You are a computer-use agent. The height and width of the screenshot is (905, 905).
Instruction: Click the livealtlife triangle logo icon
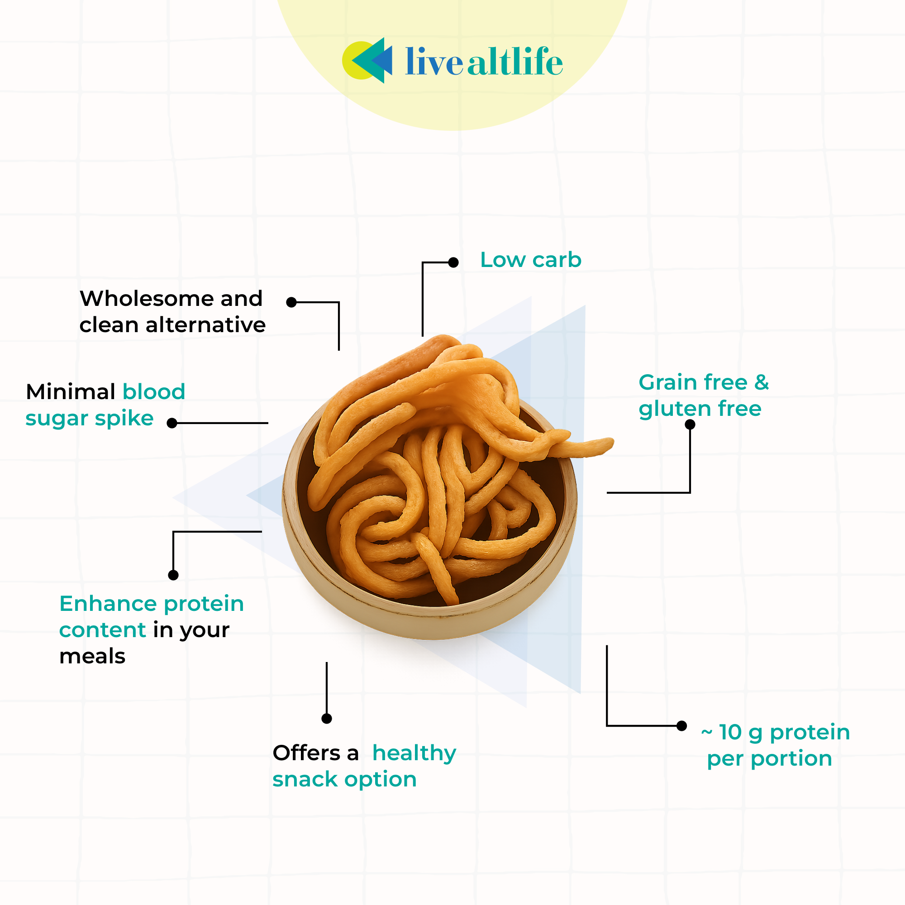tap(368, 61)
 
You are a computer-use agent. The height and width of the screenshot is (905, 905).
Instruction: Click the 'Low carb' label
tap(531, 260)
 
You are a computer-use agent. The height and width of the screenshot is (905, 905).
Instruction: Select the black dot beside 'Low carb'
tap(453, 262)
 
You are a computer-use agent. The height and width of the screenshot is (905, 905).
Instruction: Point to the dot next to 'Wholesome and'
tap(291, 302)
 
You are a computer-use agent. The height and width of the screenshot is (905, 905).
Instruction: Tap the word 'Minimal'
tap(71, 391)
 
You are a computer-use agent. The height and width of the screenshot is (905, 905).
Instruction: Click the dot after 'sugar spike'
tap(172, 423)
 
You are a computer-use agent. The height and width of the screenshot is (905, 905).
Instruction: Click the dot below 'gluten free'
tap(690, 424)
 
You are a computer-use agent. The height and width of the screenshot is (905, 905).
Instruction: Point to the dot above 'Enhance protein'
tap(173, 575)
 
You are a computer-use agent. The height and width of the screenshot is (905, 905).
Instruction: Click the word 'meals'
tap(92, 656)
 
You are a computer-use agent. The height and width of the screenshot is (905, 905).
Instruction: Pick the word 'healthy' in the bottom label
tap(414, 754)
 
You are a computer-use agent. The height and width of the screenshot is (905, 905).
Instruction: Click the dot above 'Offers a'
tap(327, 719)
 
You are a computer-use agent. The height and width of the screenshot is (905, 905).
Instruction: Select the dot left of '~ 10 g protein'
tap(682, 726)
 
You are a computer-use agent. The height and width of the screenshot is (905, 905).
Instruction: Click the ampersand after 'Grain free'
tap(761, 382)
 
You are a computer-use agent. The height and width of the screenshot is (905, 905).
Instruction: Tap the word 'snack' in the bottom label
tap(305, 780)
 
